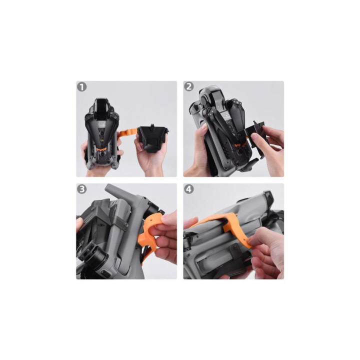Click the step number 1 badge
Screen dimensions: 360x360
coord(82,87)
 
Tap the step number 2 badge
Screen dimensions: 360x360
coord(189,87)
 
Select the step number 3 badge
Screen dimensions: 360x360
coord(82,189)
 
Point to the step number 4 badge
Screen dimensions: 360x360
coord(189,189)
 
